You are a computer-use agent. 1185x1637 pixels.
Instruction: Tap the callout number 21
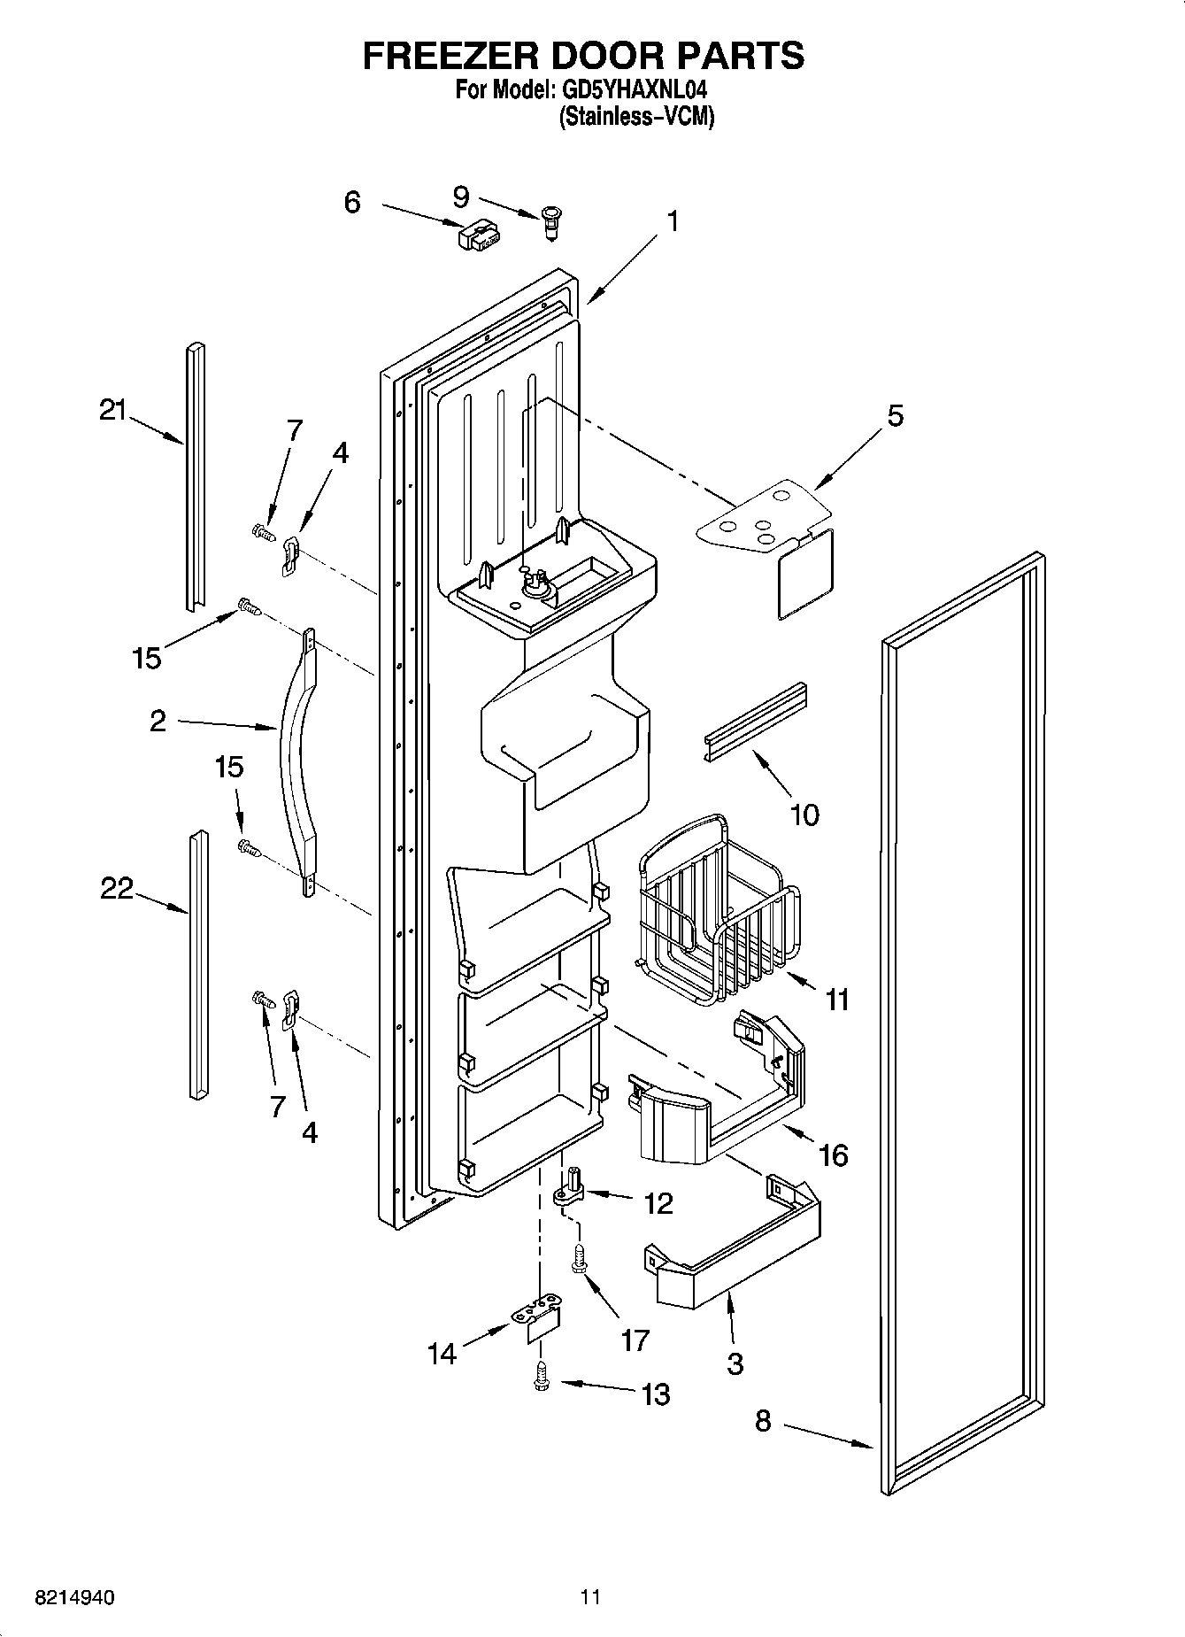click(x=112, y=411)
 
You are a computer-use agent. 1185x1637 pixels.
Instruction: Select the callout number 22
click(x=116, y=888)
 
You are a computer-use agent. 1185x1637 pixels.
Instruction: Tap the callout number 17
click(x=635, y=1340)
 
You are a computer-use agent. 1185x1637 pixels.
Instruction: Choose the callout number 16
click(x=833, y=1154)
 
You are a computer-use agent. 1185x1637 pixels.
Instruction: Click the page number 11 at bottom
click(x=590, y=1597)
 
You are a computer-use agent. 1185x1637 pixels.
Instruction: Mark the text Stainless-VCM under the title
click(x=636, y=117)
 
